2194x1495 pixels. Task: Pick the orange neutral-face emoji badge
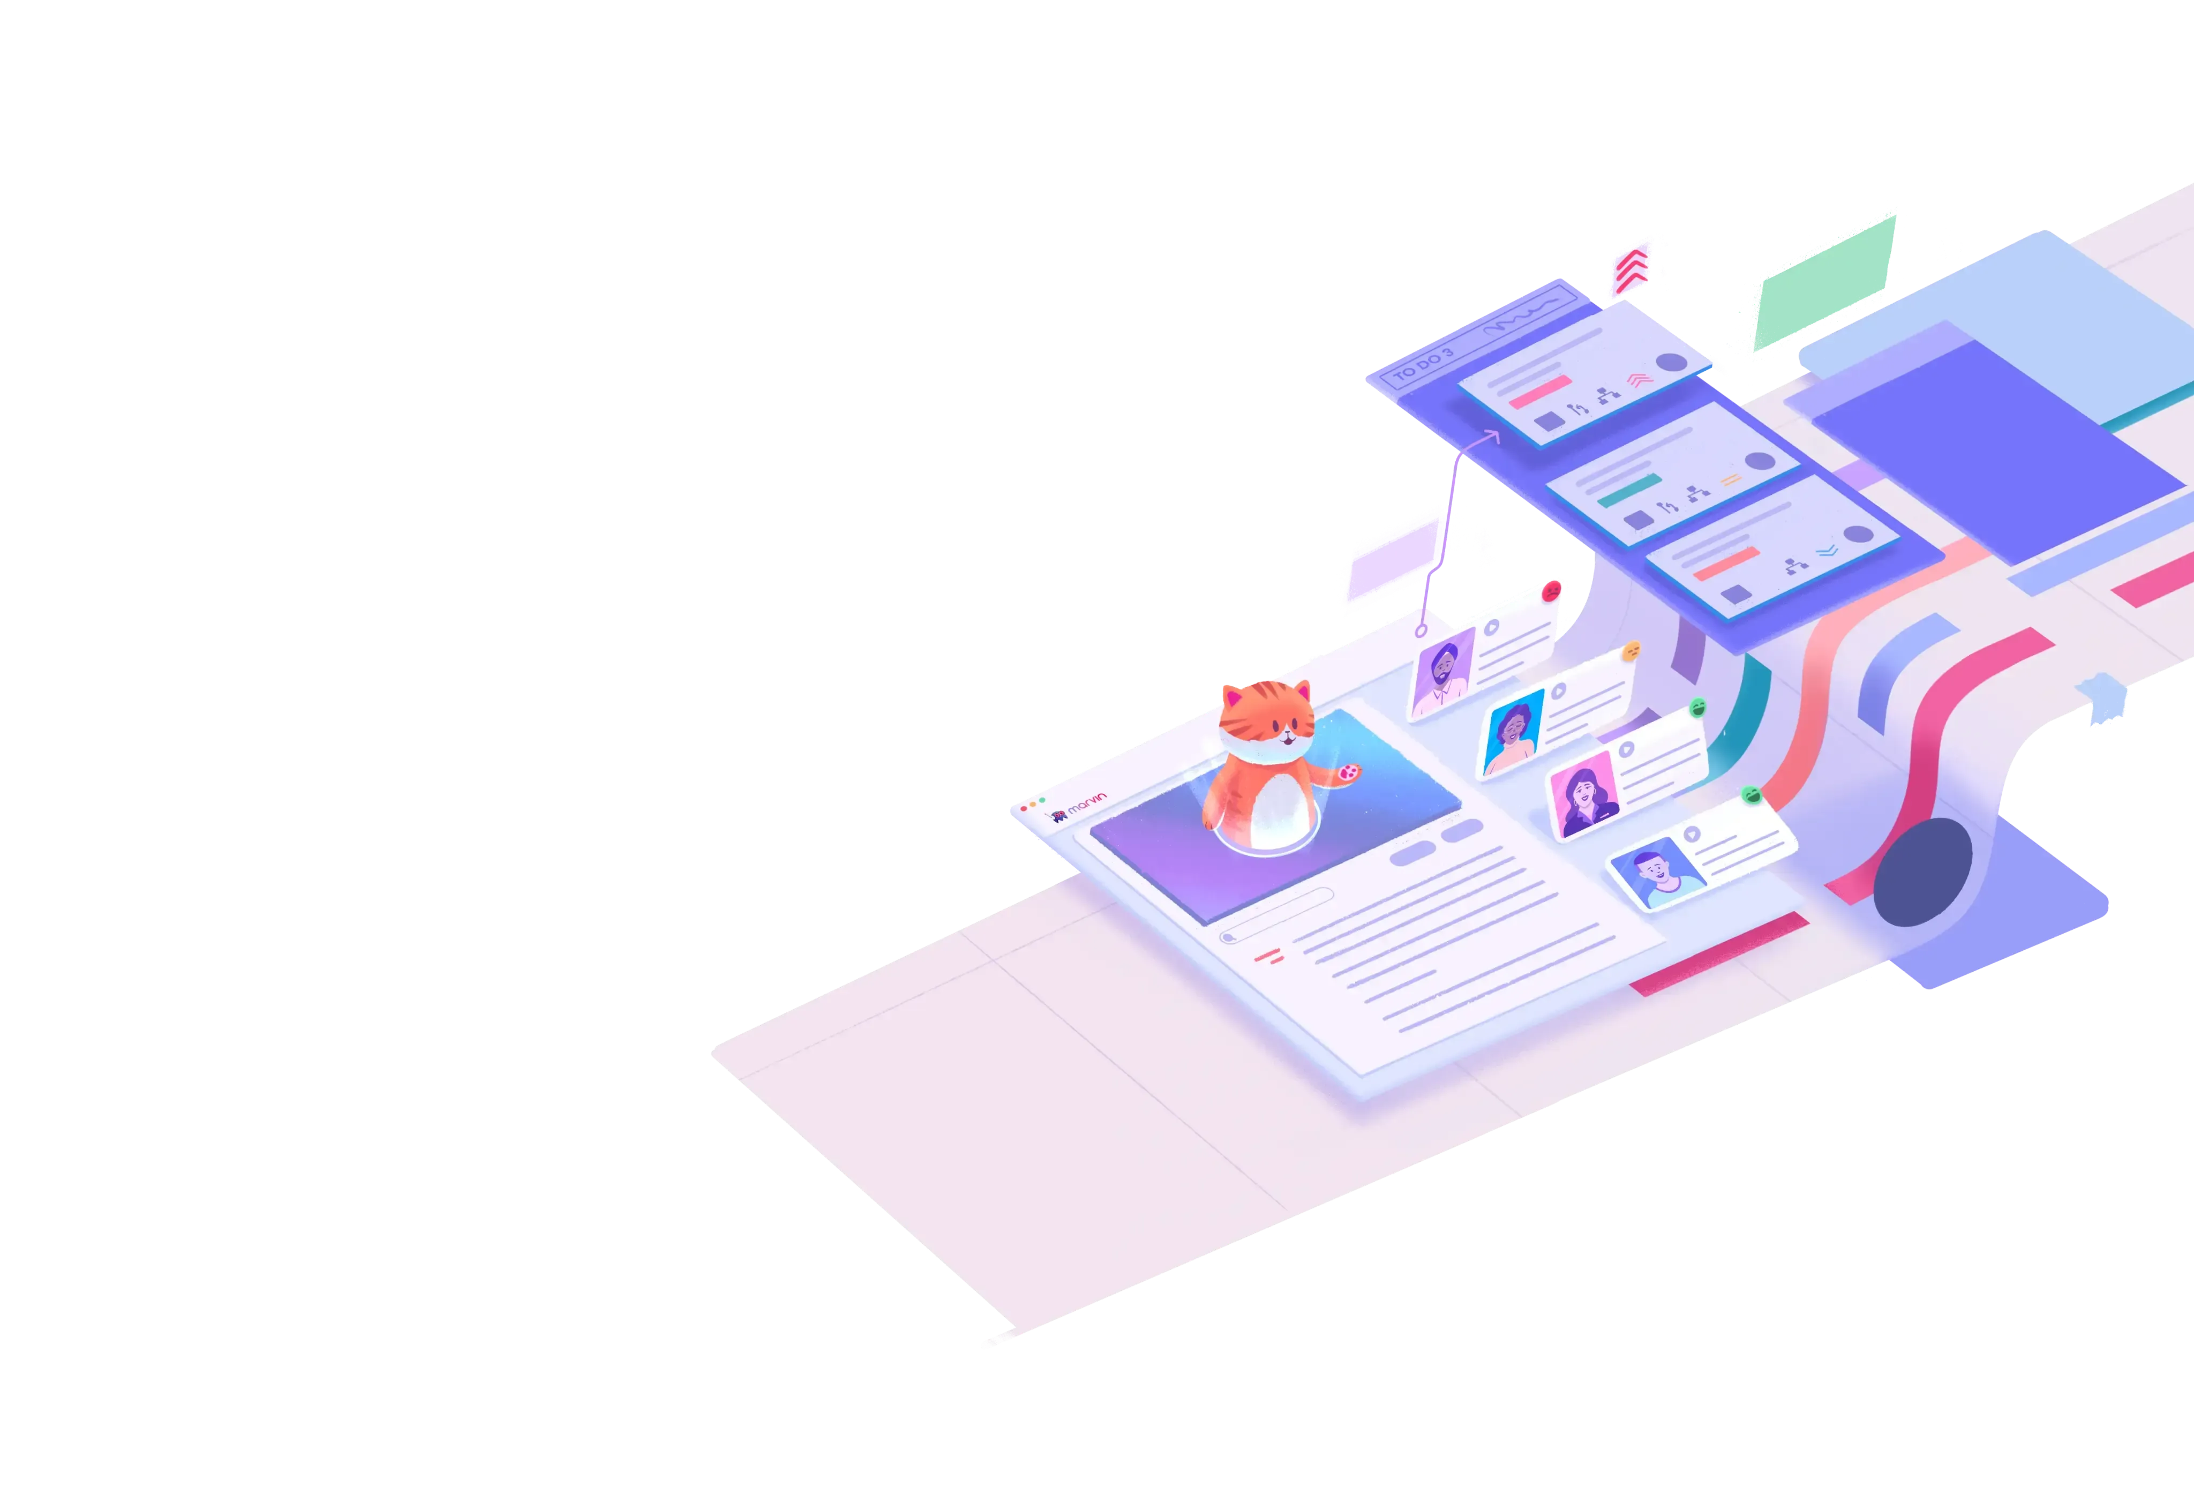coord(1631,651)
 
